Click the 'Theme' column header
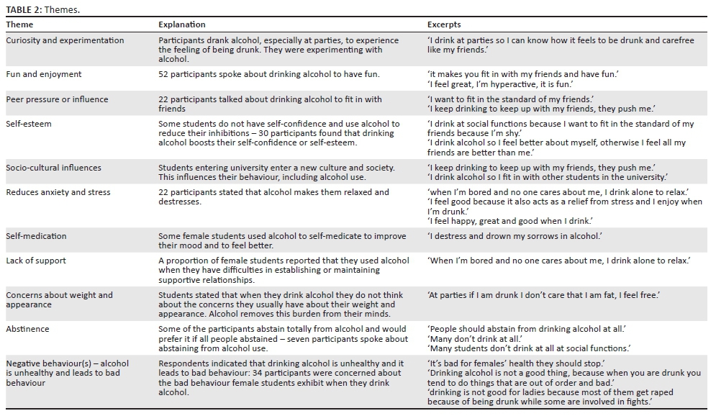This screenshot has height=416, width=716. [x=19, y=24]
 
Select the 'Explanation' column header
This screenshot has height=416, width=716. [x=182, y=24]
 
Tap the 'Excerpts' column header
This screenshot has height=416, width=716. [x=444, y=24]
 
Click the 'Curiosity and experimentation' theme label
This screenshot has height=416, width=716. [x=65, y=40]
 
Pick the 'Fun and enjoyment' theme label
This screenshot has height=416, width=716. [x=44, y=74]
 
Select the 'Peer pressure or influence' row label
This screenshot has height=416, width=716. [x=57, y=99]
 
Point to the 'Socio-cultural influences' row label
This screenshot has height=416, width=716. [x=54, y=168]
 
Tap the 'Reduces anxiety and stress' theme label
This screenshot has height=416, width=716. [x=58, y=192]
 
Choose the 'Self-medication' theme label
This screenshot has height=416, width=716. [x=36, y=236]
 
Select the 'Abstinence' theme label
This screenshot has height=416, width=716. [x=28, y=329]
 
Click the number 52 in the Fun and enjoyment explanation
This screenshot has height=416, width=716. [x=163, y=74]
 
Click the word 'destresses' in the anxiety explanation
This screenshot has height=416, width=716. [x=179, y=202]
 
